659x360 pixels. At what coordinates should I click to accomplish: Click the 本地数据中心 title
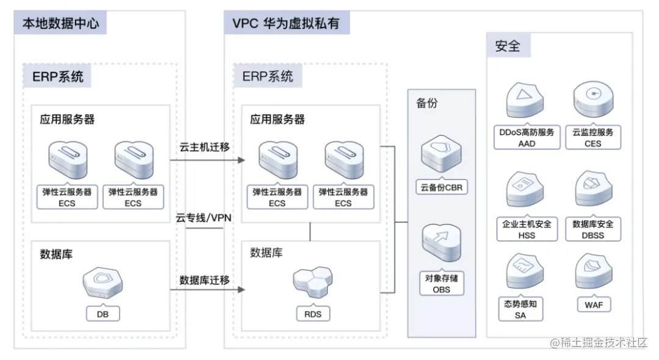point(60,24)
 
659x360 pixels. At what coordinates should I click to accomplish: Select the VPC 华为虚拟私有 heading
point(286,24)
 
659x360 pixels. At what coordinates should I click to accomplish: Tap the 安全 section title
point(508,46)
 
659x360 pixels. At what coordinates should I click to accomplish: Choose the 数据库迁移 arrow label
point(204,280)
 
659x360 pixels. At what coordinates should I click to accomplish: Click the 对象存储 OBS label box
point(441,284)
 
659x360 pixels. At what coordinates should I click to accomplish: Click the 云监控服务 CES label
point(592,137)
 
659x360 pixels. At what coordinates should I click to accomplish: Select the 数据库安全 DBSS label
point(592,229)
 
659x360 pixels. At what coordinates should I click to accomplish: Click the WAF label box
point(592,304)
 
